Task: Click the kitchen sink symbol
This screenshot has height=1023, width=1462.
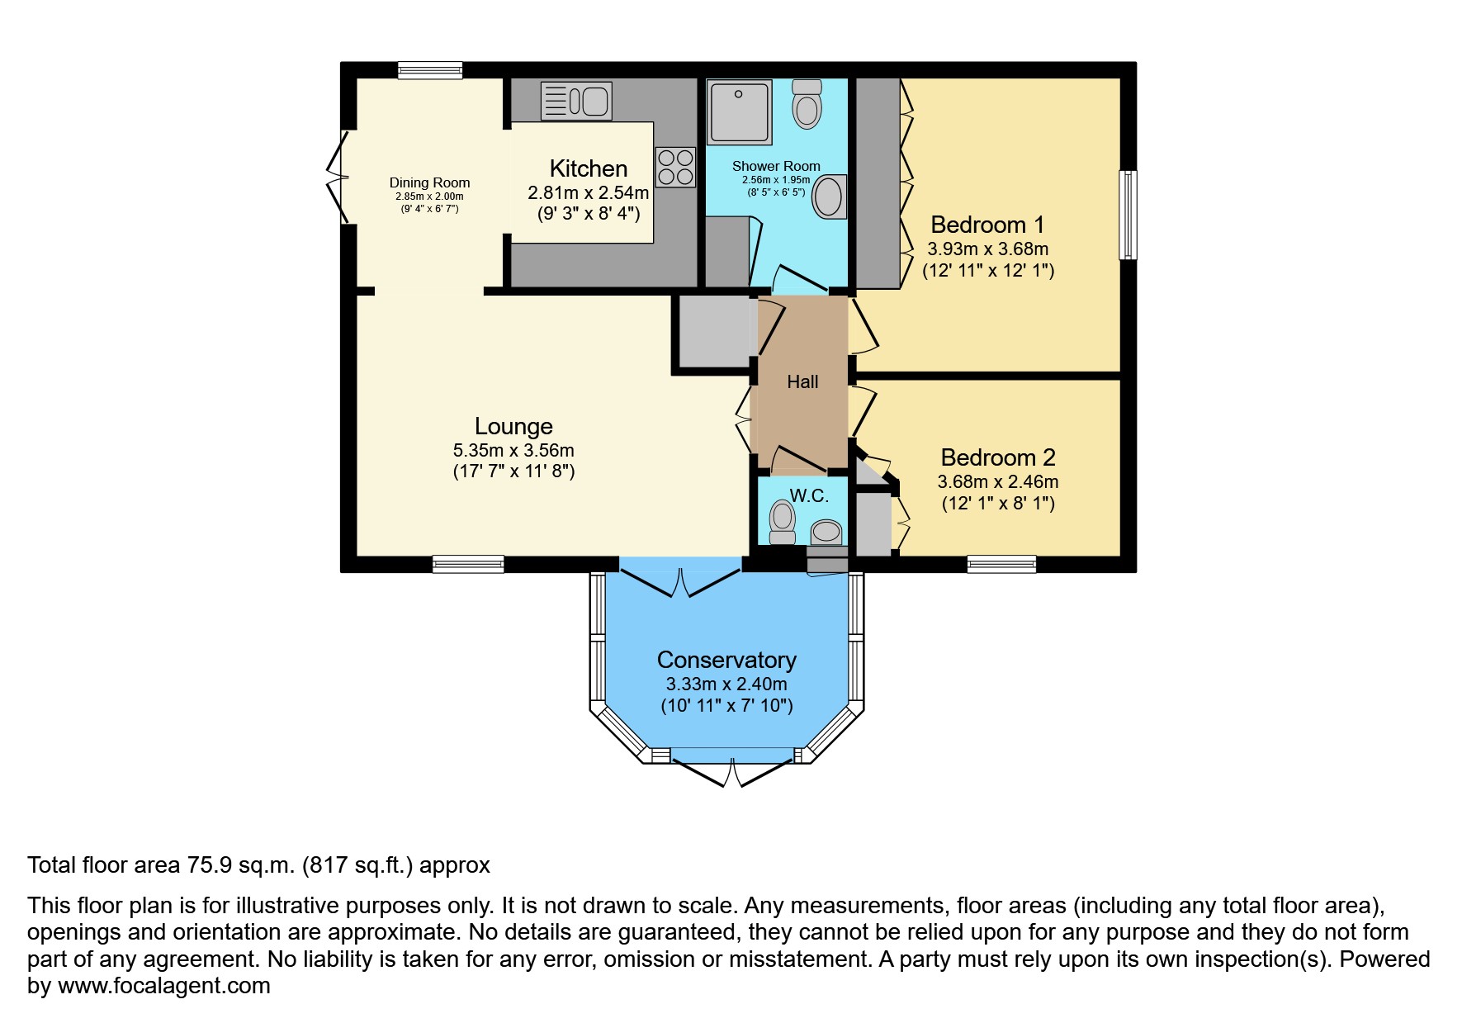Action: tap(576, 101)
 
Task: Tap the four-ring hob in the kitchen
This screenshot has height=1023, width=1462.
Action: tap(675, 167)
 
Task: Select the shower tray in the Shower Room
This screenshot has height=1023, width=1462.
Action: tap(739, 111)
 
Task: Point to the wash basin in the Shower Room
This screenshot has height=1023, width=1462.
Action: tap(829, 197)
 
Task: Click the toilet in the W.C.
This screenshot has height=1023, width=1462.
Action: tap(782, 523)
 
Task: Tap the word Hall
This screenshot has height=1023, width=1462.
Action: tap(802, 381)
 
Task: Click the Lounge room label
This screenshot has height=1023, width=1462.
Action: tap(513, 427)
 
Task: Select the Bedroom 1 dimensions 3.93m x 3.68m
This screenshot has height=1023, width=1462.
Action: tap(987, 249)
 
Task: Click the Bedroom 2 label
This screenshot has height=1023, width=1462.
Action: tap(997, 457)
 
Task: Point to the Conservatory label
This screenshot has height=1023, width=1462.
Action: tap(726, 660)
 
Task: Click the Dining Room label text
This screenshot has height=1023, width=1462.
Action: tap(429, 182)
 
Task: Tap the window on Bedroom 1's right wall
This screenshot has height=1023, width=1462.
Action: tap(1127, 215)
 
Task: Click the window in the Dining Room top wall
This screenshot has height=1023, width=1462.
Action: tap(429, 70)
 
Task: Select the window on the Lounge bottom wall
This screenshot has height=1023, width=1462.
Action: tap(468, 564)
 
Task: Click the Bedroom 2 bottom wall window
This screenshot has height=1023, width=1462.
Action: tap(1001, 564)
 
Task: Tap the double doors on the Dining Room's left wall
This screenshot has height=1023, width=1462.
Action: tap(337, 177)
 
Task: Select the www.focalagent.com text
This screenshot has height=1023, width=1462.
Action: tap(163, 986)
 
